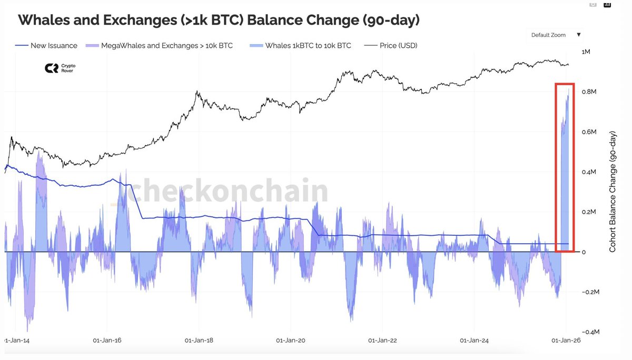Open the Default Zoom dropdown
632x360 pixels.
click(x=555, y=35)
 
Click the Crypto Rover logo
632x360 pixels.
click(x=60, y=68)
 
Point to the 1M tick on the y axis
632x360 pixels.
click(x=586, y=52)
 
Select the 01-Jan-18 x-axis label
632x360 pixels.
click(x=200, y=341)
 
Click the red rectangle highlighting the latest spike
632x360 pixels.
click(x=565, y=84)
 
